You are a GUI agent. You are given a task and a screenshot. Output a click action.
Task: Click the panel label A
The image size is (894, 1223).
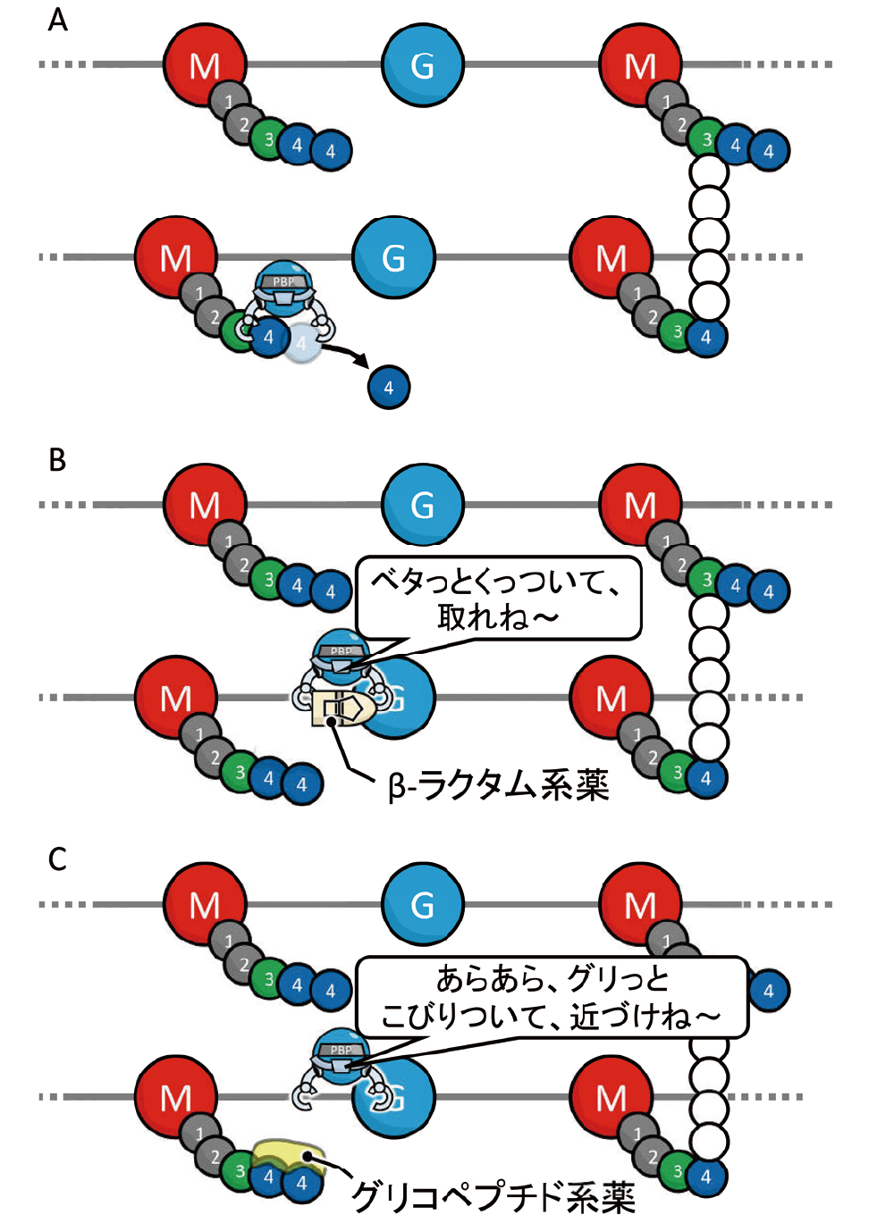pos(57,20)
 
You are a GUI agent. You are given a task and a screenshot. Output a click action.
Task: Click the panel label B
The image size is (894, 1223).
pos(57,459)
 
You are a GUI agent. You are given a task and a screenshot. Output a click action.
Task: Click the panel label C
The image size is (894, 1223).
pos(57,859)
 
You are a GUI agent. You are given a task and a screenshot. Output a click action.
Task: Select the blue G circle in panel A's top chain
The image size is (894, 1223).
pos(422,64)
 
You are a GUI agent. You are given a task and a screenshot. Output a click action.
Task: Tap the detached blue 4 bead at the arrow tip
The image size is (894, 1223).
pos(388,388)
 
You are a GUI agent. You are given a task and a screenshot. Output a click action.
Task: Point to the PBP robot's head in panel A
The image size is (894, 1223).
pos(283,282)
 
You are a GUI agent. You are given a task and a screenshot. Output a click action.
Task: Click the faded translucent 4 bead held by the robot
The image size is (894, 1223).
pos(302,343)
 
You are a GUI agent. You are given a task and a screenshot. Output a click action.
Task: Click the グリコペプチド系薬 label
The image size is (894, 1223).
pos(493,1195)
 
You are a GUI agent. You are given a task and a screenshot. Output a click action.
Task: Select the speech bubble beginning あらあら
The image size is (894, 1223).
pos(552,997)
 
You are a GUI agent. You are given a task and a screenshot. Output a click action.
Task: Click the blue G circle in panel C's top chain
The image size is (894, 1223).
pos(422,904)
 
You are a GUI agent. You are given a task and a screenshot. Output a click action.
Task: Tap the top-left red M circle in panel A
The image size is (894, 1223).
pos(204,64)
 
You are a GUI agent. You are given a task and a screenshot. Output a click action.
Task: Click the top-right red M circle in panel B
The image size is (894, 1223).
pos(639,505)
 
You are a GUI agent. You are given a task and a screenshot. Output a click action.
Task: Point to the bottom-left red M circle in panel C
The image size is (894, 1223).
pos(175,1097)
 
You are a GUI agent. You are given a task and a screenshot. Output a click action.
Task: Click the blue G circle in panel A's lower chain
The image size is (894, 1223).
pos(393,257)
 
